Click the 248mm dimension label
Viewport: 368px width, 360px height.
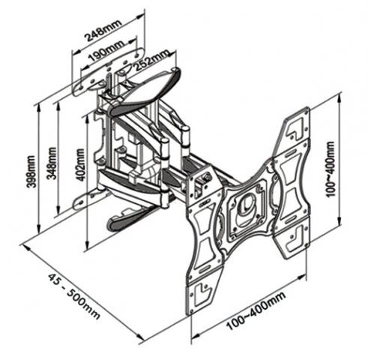103,30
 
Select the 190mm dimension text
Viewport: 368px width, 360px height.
106,51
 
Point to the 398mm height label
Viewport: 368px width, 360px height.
31,172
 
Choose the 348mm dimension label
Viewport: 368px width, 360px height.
52,163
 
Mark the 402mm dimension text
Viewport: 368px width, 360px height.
80,165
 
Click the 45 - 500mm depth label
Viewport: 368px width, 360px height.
74,296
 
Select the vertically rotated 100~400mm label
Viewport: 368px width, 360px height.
331,169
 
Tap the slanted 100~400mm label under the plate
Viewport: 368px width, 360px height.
256,310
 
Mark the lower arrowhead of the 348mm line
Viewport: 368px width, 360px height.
58,208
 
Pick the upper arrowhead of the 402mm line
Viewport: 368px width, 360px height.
87,120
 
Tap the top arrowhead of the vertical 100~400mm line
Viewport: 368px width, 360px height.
339,99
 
